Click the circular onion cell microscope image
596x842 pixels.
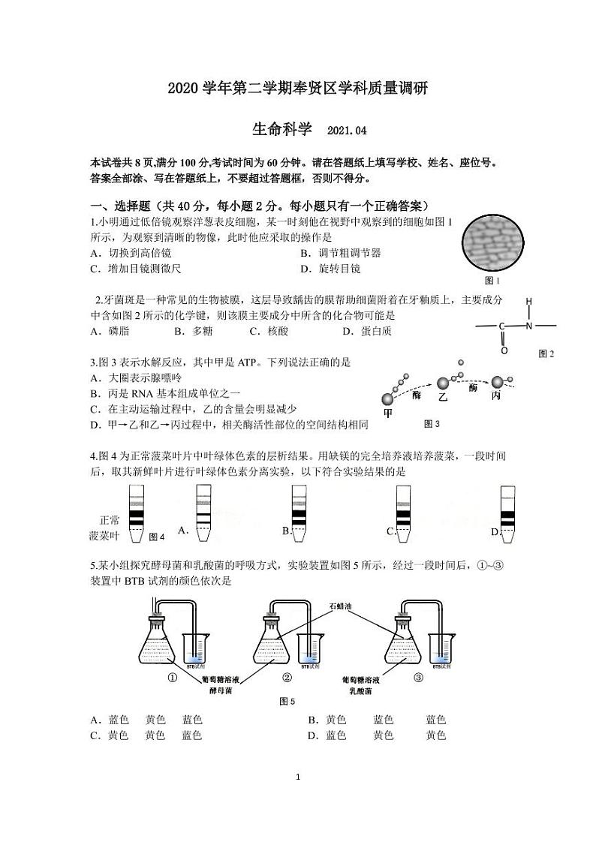click(495, 242)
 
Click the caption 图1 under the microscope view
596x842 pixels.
click(492, 281)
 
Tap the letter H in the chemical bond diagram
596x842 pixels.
click(528, 302)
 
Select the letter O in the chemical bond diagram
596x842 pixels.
click(504, 350)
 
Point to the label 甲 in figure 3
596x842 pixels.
click(388, 412)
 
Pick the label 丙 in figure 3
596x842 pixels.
click(495, 397)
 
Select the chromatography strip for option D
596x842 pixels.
click(508, 513)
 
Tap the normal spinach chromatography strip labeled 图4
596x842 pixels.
click(137, 513)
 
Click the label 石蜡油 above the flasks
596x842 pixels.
click(341, 605)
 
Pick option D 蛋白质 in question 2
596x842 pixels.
click(368, 331)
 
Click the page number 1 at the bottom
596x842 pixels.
click(298, 776)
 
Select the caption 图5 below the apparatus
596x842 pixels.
click(287, 701)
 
